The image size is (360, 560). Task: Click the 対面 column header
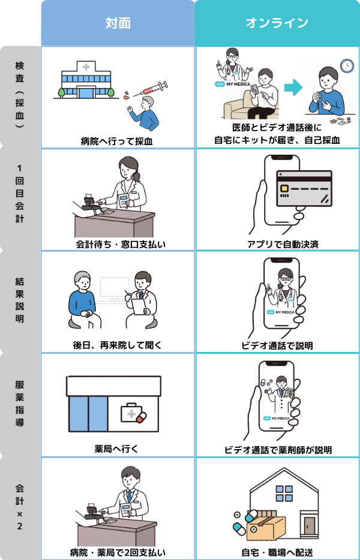(x=118, y=23)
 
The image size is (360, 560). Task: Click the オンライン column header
(x=277, y=23)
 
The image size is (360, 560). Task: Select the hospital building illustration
(x=86, y=79)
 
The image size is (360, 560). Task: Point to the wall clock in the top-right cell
(x=346, y=65)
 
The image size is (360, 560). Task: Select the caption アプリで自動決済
(x=277, y=243)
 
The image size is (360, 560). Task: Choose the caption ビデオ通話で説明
(x=277, y=346)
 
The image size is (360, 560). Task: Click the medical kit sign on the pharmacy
(x=133, y=414)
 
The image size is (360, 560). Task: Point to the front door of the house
(x=309, y=526)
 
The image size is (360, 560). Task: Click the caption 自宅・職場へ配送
(x=277, y=552)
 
